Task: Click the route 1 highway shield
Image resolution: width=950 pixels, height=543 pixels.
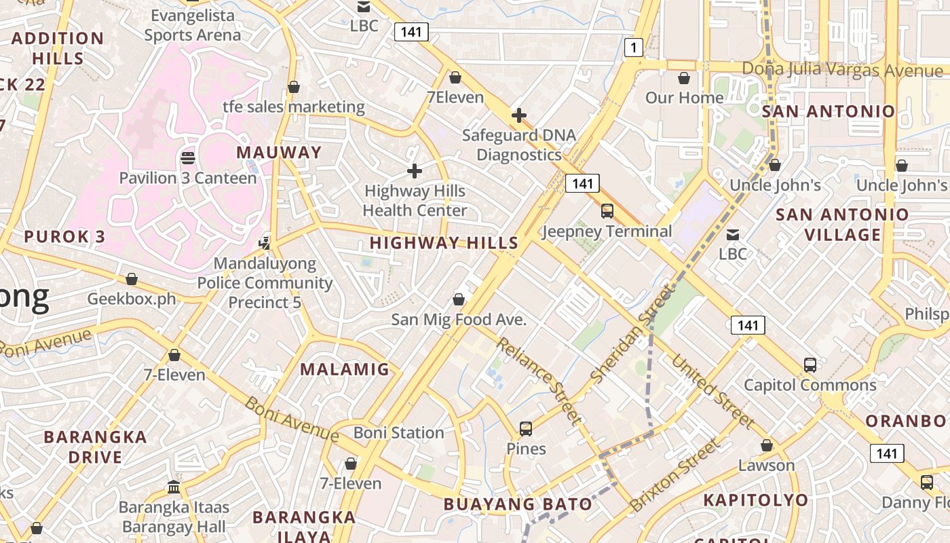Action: [x=633, y=47]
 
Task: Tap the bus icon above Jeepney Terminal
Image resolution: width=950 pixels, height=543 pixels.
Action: [x=607, y=211]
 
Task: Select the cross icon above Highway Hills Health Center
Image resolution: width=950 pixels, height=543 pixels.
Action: [x=414, y=171]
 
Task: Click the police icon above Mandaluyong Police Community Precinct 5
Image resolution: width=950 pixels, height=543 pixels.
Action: [x=265, y=242]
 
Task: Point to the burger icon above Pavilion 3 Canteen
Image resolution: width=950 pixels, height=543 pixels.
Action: [x=188, y=158]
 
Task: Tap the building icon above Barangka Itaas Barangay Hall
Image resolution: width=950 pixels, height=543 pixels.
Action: [x=174, y=487]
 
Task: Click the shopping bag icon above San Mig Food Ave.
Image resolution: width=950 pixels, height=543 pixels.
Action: [x=459, y=299]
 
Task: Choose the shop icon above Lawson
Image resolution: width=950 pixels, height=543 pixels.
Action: [x=766, y=446]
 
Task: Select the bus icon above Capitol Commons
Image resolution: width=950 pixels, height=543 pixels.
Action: [x=810, y=364]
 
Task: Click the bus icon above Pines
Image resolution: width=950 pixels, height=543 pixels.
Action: [x=526, y=428]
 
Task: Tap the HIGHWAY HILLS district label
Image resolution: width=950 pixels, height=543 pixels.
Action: [x=444, y=242]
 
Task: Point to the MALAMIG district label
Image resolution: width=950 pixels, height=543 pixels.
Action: [x=345, y=369]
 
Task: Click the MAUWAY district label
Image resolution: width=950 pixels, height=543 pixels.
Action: [x=278, y=152]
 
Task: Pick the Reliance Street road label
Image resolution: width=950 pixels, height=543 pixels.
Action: [x=538, y=380]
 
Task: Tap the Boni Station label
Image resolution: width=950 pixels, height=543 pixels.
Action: [x=398, y=432]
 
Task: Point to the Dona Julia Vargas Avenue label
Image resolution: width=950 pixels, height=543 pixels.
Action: [x=842, y=69]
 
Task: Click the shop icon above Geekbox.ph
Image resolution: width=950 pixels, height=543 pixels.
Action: [x=132, y=279]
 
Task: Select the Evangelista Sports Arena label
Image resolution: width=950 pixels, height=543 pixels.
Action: [x=193, y=25]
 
